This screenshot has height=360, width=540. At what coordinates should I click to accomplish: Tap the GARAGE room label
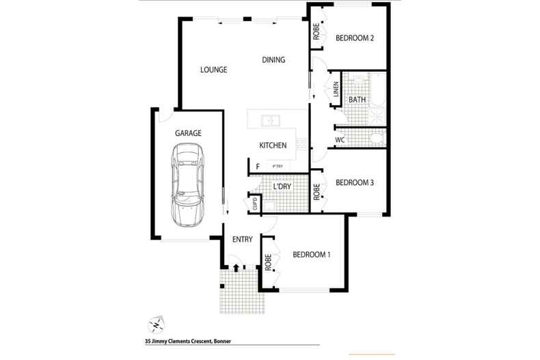click(187, 133)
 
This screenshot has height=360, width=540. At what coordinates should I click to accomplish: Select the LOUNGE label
click(213, 70)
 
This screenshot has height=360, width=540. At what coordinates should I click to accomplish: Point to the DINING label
click(273, 60)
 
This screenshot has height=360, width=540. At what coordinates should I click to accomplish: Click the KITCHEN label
click(272, 146)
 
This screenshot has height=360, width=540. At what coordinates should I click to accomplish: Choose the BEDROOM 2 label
click(355, 38)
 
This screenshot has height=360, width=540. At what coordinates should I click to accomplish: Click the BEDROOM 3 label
click(355, 182)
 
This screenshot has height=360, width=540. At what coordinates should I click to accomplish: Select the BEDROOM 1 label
click(312, 255)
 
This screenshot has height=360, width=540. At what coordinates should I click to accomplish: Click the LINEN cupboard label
click(336, 90)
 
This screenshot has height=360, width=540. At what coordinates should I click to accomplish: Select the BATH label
click(357, 100)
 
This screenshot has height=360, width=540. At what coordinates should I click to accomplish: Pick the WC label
click(340, 141)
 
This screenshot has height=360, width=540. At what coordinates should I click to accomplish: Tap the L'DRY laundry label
click(282, 186)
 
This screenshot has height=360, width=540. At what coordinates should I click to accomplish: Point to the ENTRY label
click(243, 239)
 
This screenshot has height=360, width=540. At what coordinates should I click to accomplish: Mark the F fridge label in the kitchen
click(258, 166)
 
